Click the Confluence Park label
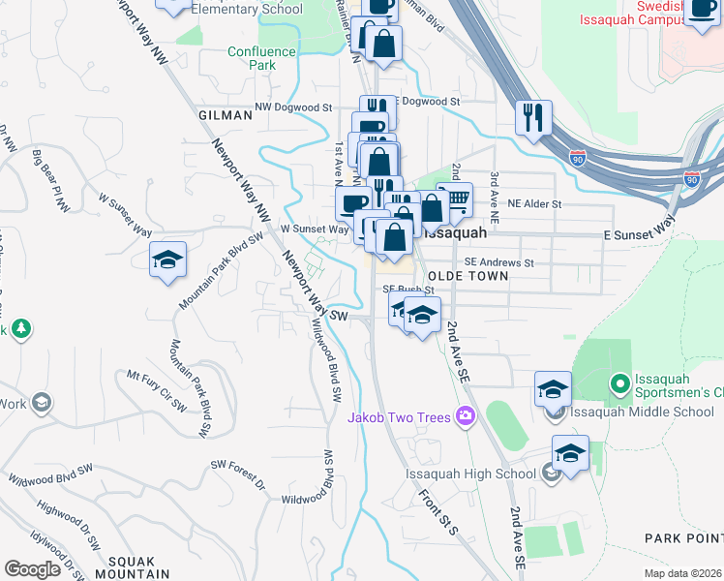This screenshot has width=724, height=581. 261,59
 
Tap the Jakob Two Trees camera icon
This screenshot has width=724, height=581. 466,417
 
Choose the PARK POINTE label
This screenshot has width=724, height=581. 683,536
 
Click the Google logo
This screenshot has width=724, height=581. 33,568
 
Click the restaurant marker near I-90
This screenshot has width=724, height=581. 533,119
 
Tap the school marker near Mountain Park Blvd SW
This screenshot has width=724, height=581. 167,260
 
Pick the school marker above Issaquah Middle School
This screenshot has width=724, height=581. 553,389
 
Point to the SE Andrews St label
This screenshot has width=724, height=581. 498,262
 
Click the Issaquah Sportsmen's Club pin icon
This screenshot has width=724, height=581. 620,384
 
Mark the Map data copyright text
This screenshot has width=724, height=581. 681,572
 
